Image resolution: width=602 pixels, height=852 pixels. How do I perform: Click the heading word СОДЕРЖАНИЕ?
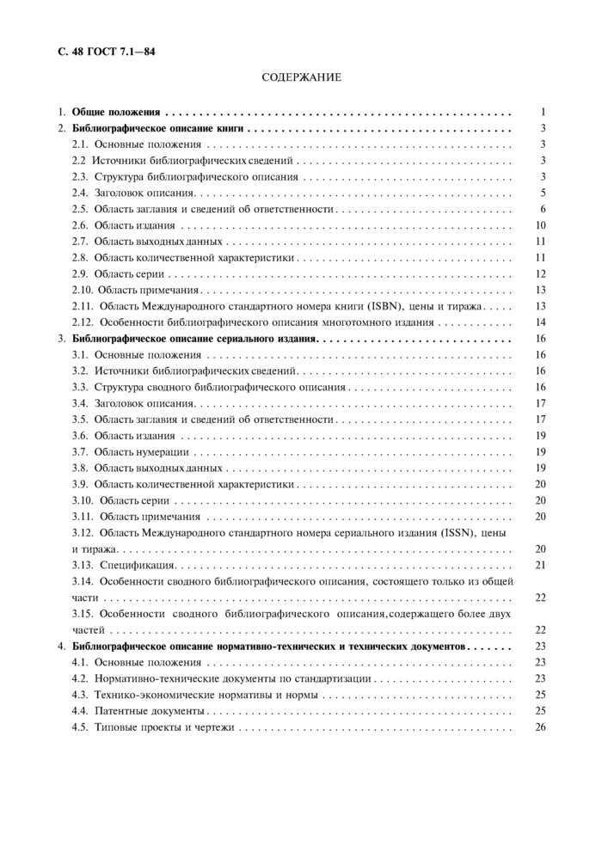coord(301,77)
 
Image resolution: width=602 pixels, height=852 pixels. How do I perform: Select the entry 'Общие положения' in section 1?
coord(116,112)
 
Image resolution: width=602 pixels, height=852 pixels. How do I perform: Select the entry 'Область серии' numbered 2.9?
coord(130,273)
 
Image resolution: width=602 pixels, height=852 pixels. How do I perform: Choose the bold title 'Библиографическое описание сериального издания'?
coord(195,339)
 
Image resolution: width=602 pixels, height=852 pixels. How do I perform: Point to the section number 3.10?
coord(83,500)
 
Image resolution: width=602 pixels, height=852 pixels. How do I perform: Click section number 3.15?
coord(83,614)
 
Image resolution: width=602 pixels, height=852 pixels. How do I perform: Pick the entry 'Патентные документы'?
coord(150,711)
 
